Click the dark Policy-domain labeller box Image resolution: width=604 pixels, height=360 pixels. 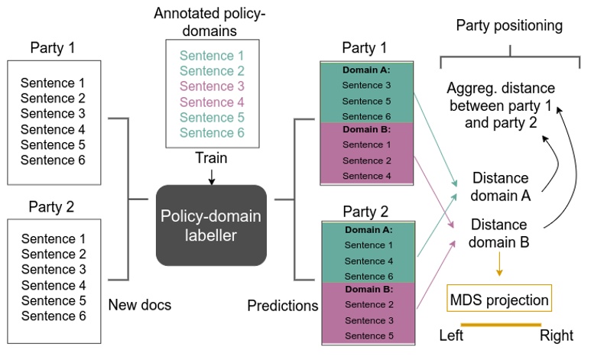(x=211, y=225)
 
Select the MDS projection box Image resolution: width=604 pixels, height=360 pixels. (x=499, y=300)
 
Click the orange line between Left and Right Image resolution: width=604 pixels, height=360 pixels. (x=500, y=325)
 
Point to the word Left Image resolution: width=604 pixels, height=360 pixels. (x=452, y=336)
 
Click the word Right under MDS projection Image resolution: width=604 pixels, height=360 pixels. (x=556, y=336)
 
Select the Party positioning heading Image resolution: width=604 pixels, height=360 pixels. (x=508, y=25)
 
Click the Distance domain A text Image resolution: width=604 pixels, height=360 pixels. (x=501, y=186)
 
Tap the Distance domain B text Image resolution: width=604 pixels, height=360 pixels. (x=498, y=233)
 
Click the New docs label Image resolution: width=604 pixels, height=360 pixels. (x=140, y=305)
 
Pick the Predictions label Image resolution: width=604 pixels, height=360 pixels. (x=282, y=306)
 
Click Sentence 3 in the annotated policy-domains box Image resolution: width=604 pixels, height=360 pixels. (x=211, y=86)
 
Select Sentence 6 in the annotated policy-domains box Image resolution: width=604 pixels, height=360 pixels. (x=211, y=133)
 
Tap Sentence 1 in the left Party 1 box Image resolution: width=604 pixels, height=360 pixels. (x=53, y=83)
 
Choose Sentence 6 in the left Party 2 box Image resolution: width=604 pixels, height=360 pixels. (x=53, y=316)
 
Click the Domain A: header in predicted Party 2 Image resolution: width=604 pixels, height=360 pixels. (x=367, y=229)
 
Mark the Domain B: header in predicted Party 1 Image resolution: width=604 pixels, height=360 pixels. (x=367, y=129)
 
